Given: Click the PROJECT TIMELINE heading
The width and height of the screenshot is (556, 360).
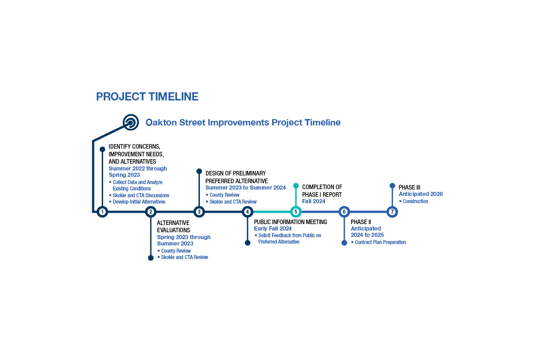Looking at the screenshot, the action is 147,97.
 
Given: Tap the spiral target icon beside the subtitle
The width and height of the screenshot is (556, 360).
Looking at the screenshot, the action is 131,122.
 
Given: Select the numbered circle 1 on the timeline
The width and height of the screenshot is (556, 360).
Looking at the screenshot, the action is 102,212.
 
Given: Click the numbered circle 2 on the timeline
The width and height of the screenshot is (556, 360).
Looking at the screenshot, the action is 151,212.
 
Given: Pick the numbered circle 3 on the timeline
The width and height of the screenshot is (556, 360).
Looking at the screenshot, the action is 199,212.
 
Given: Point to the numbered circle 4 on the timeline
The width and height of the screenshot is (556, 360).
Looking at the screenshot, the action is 248,212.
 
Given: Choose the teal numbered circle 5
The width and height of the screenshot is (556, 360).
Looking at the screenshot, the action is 296,212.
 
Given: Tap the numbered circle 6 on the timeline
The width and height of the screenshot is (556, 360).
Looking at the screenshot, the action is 344,212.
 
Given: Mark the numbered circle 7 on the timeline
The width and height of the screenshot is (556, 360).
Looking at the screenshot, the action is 392,212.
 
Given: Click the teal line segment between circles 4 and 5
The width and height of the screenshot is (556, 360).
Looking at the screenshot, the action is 272,212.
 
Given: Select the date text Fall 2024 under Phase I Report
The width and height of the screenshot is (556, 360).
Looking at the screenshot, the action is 313,201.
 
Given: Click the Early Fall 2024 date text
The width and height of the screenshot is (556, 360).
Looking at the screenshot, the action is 273,229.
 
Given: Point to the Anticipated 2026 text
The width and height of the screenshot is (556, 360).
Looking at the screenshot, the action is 421,194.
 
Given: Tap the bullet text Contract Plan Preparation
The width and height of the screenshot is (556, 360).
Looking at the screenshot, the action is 378,242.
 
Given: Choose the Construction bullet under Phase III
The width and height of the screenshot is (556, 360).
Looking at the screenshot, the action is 413,201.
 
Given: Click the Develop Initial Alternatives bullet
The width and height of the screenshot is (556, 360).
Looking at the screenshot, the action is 137,202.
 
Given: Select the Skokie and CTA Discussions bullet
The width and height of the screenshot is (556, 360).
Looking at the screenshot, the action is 139,195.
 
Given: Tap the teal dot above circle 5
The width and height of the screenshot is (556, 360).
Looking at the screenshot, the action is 296,185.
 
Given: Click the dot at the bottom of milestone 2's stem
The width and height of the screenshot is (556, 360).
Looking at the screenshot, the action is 151,258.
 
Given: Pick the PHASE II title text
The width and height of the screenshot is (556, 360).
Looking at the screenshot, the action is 361,222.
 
